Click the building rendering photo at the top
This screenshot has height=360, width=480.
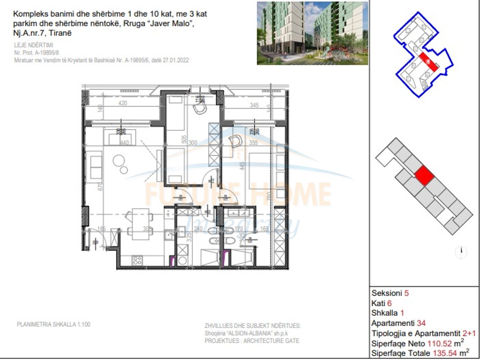tap(312, 33)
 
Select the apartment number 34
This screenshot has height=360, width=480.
tap(421, 323)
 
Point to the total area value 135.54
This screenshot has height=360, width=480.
tap(445, 353)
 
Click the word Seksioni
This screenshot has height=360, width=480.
tap(387, 293)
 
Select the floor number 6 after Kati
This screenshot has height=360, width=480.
tap(389, 303)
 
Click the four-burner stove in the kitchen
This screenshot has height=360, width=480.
tap(137, 259)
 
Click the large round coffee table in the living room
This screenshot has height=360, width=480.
tap(119, 162)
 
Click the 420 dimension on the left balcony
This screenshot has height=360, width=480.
tap(123, 103)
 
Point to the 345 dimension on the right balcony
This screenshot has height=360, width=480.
tap(254, 105)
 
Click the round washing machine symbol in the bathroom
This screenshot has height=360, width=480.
tap(183, 260)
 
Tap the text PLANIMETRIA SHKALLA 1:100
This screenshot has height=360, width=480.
tap(54, 324)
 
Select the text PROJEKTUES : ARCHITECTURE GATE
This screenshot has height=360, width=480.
tap(252, 341)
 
